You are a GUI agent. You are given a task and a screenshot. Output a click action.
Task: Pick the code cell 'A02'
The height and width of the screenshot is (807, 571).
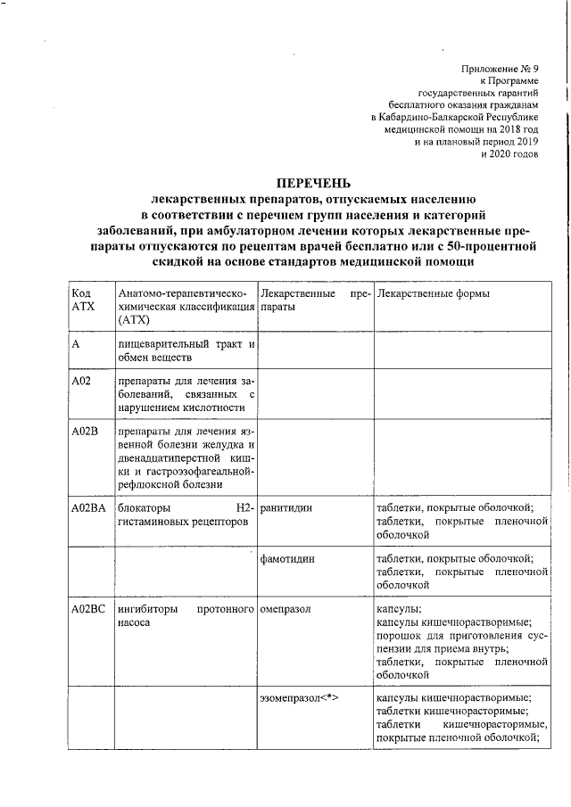(x=81, y=381)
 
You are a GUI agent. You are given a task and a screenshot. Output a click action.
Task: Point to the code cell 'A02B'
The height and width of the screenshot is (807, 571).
(x=84, y=431)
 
